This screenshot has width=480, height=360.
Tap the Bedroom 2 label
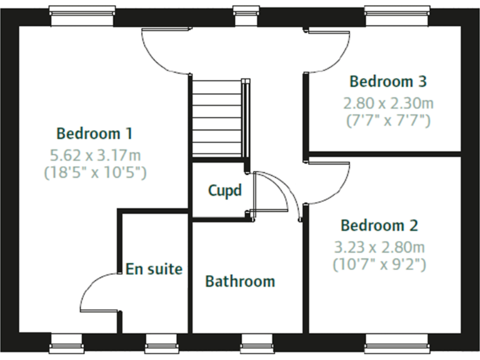pyautogui.click(x=379, y=225)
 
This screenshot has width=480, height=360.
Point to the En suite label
pyautogui.click(x=154, y=269)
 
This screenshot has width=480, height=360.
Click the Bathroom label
pyautogui.click(x=240, y=281)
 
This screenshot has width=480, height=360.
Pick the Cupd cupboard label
pyautogui.click(x=224, y=190)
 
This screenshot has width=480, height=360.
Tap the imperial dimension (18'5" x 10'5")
pyautogui.click(x=94, y=172)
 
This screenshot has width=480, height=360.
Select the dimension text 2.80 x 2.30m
pyautogui.click(x=388, y=102)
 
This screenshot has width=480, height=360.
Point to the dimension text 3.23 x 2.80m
pyautogui.click(x=379, y=246)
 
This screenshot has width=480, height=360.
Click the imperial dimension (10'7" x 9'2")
pyautogui.click(x=379, y=264)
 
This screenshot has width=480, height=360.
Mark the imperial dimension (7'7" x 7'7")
pyautogui.click(x=388, y=121)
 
